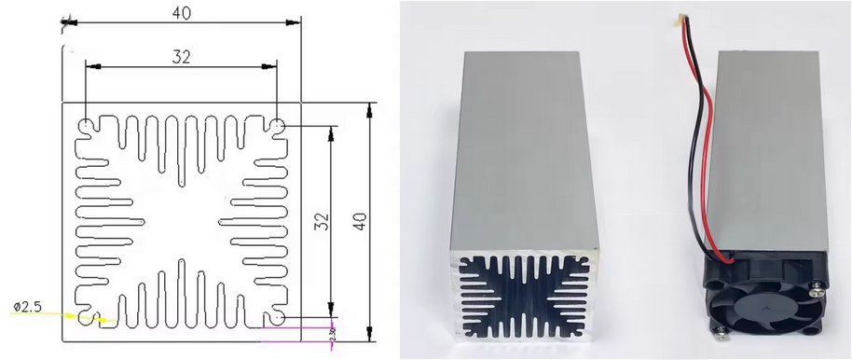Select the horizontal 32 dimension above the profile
[x=181, y=57]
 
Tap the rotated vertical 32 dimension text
[x=322, y=221]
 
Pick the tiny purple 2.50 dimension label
[x=333, y=333]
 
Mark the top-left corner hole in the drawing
[x=85, y=125]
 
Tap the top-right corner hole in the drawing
[x=279, y=125]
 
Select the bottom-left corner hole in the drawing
[x=85, y=318]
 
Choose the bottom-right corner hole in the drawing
[x=279, y=318]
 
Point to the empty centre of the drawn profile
[x=182, y=221]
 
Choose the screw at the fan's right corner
[x=818, y=290]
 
